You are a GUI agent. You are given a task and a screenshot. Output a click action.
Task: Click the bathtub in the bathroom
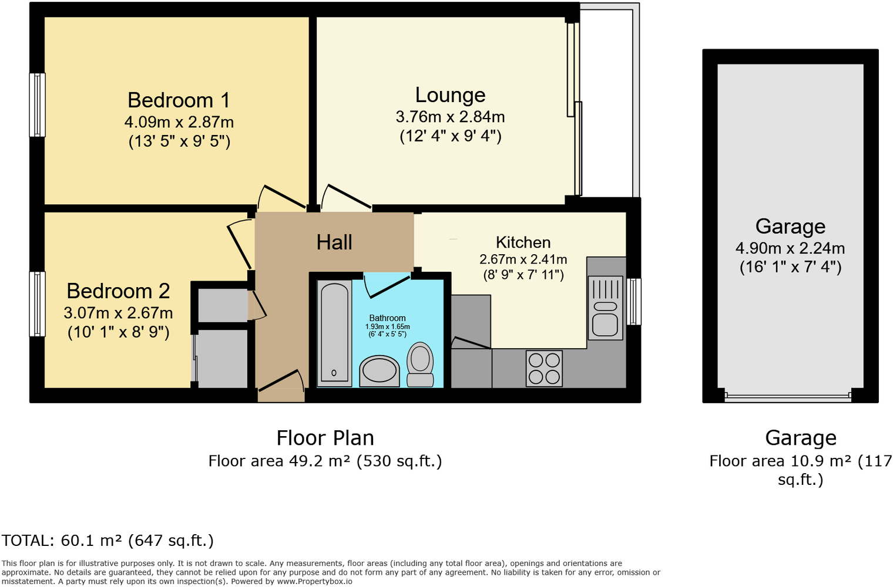click(334, 333)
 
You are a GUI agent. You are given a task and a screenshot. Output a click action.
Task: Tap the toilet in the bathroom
click(420, 364)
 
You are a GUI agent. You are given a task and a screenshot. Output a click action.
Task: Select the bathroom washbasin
click(379, 370)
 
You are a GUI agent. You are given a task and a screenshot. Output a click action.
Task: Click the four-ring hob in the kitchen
click(544, 368)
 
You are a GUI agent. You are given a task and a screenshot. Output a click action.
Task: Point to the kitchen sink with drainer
click(605, 308)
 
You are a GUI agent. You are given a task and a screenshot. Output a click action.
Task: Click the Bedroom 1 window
click(38, 105)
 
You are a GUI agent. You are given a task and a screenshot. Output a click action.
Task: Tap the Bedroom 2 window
click(38, 303)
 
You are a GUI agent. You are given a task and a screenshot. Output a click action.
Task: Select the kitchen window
click(634, 301)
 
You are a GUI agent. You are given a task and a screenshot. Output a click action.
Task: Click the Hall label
click(334, 242)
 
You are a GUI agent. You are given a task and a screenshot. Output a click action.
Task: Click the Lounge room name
click(450, 95)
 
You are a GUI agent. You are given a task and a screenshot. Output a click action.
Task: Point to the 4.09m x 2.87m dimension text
click(179, 122)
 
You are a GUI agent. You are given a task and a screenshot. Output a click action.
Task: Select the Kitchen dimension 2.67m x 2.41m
click(523, 259)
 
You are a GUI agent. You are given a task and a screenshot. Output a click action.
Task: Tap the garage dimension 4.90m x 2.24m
click(790, 248)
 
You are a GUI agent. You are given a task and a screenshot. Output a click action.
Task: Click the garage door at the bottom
click(788, 396)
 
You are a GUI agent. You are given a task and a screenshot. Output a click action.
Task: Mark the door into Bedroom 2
click(240, 244)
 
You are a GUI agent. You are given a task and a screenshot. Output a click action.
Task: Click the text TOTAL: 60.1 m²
click(108, 541)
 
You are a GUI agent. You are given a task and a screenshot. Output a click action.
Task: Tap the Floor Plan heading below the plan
click(325, 438)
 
